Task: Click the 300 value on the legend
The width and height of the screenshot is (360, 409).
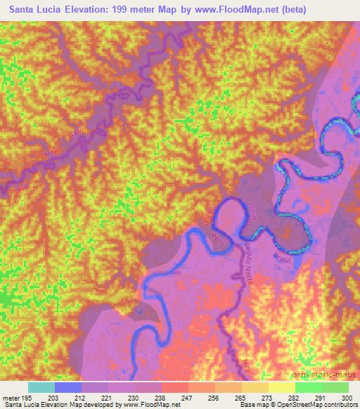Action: pos(346,397)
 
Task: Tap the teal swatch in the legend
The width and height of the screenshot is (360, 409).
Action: pos(41,387)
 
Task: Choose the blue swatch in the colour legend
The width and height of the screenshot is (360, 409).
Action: pos(68,387)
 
